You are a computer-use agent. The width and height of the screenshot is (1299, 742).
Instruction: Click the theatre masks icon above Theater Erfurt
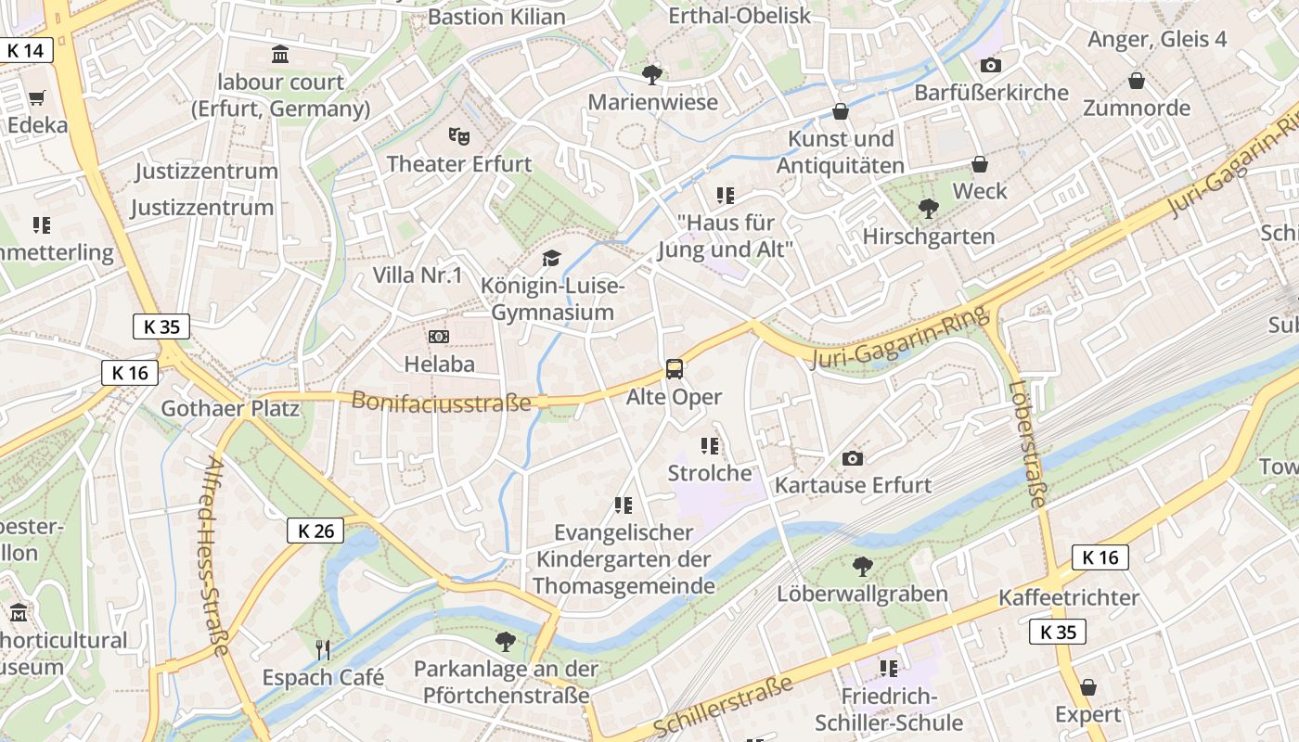pos(458,136)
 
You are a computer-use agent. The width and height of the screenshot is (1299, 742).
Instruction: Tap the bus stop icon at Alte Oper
pos(675,369)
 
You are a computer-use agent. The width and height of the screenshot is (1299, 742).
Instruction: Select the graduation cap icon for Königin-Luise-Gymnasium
pos(552,258)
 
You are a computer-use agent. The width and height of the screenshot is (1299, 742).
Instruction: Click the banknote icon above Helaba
pos(439,337)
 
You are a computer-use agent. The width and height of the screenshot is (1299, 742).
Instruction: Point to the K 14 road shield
pos(26,50)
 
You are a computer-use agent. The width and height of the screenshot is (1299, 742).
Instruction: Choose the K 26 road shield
pos(315,531)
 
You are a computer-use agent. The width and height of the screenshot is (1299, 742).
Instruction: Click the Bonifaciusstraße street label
pos(441,402)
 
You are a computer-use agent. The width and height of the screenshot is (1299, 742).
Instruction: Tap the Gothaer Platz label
pos(230,408)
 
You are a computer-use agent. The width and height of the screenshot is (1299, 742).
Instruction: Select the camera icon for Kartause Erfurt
pos(852,458)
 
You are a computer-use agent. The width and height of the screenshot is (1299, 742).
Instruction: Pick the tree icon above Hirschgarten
pos(927,209)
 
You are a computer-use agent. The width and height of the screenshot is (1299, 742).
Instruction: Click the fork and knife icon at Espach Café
pos(323,649)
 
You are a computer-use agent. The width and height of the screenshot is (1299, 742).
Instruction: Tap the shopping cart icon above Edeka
pos(37,97)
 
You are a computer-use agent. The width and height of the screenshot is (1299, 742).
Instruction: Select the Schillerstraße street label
pos(724,706)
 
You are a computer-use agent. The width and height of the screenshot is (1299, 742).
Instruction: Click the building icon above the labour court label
pos(280,54)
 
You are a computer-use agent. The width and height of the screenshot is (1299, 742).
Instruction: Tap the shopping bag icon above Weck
pos(979,164)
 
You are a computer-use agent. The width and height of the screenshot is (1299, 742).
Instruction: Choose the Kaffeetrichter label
pos(1069,597)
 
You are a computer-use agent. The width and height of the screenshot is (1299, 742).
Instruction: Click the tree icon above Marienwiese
pos(652,74)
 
